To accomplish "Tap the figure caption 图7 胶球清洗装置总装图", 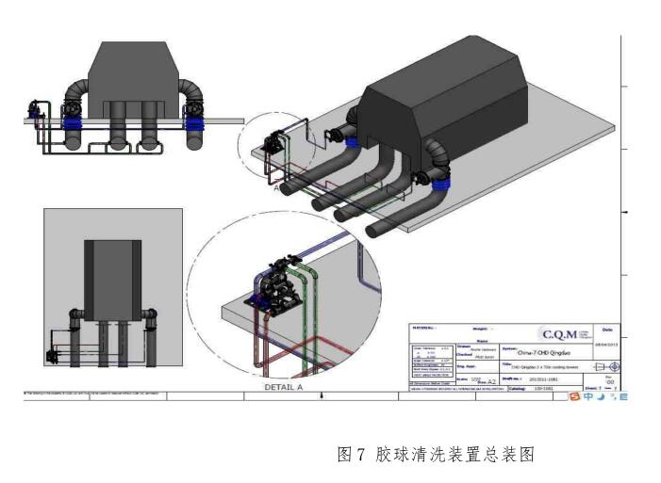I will [436, 455].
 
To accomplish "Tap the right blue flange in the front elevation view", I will [195, 121].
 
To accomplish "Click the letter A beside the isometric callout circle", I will [277, 187].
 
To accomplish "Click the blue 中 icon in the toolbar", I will [588, 397].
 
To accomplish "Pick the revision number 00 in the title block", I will [608, 381].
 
